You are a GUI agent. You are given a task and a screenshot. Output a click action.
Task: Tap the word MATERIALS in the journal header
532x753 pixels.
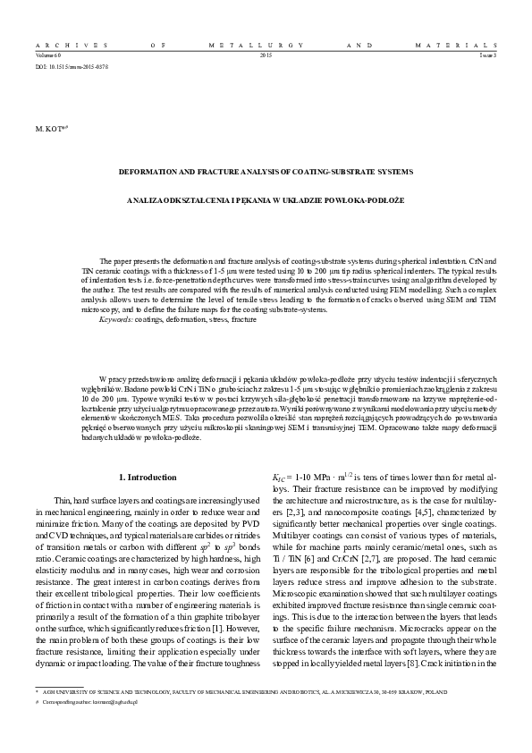point(466,44)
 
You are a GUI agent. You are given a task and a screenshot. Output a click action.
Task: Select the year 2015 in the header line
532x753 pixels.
point(266,55)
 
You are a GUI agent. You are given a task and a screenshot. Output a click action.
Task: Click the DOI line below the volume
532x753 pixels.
point(72,66)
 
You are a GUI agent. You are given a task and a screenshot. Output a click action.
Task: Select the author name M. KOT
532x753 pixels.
point(51,129)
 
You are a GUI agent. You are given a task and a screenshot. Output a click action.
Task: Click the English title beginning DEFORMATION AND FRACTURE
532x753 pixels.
point(266,170)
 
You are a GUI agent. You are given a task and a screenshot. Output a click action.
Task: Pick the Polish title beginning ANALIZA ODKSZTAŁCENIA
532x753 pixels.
point(266,199)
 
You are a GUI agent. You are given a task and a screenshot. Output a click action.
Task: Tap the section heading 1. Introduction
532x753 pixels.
point(148,478)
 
